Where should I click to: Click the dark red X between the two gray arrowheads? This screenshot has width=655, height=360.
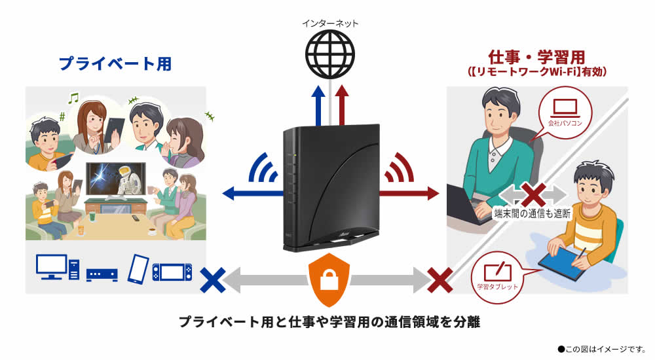[x=533, y=196]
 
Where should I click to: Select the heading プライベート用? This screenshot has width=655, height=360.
[x=115, y=63]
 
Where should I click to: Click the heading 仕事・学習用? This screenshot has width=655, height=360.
[x=536, y=57]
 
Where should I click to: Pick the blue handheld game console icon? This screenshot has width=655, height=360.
[x=172, y=270]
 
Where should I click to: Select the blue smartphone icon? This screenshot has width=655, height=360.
[x=139, y=268]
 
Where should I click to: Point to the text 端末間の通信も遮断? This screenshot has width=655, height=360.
[x=532, y=213]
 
